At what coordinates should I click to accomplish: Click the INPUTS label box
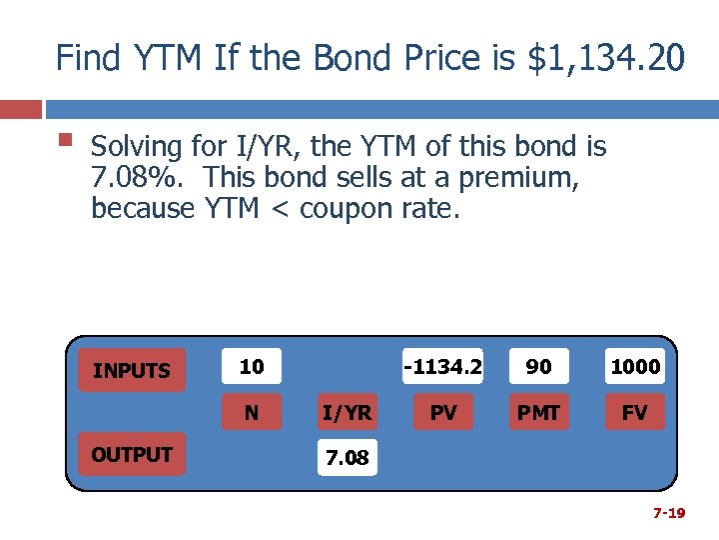131,371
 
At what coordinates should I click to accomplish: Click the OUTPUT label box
131,455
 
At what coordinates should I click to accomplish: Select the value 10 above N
252,367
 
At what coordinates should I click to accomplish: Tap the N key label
252,412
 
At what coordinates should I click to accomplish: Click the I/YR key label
348,412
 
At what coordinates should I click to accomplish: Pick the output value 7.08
348,459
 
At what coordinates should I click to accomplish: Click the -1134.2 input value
442,367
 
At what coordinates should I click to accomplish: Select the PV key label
442,412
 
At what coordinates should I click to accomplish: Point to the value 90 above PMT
538,367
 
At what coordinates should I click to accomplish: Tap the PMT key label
538,412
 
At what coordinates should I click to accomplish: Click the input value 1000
635,367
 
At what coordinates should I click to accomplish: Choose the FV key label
635,412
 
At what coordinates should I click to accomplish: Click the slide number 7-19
668,513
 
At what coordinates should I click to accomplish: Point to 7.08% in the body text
127,178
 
